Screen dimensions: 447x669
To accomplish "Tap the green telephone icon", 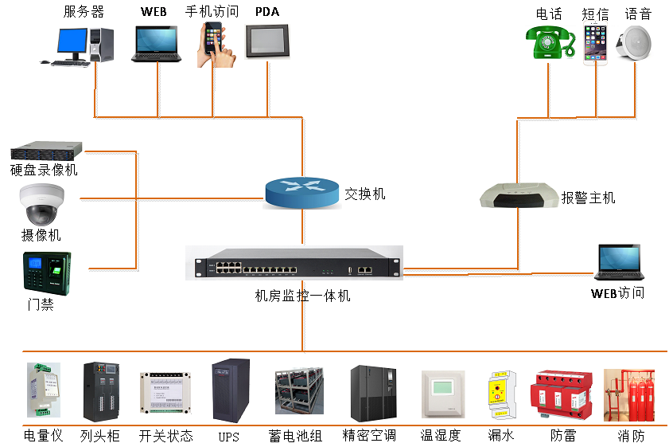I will [550, 43].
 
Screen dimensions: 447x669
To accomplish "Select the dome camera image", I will [41, 204].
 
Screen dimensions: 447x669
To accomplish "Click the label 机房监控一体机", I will [302, 296].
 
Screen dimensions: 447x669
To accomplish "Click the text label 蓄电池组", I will [296, 436].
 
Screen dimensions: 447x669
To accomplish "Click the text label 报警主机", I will [588, 198].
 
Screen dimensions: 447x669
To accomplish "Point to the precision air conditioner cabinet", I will [373, 394].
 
